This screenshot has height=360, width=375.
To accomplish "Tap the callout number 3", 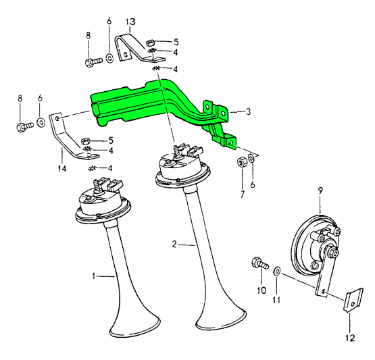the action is click(248, 111).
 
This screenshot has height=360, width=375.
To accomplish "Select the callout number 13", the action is click(130, 22).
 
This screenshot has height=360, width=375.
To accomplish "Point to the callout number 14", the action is click(62, 169).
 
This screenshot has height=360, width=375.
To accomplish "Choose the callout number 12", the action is click(350, 338).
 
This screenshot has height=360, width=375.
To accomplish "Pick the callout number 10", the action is click(261, 290).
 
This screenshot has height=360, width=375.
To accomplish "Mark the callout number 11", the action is click(276, 300).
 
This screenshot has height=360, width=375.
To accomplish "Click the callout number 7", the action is click(243, 195).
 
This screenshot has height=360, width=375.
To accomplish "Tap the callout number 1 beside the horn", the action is click(94, 276).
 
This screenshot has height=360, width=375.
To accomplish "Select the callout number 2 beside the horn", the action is click(174, 245).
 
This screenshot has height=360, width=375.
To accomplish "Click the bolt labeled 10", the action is click(260, 263).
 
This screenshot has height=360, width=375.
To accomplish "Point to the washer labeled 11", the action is click(278, 272).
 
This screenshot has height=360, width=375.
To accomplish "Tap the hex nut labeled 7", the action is click(241, 162).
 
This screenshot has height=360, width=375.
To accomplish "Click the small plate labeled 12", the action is click(353, 301).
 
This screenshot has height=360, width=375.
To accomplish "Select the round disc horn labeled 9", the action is click(316, 247).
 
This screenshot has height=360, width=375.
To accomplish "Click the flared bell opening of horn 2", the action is click(221, 319).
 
